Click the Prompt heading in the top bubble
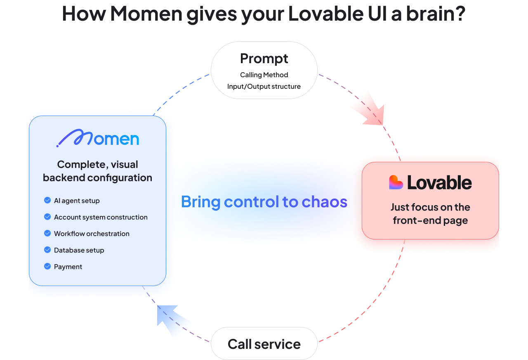pos(264,59)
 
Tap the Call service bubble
pos(264,344)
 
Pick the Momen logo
pos(98,138)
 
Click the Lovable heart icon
pos(396,182)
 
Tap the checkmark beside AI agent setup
pos(47,201)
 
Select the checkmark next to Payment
pos(47,267)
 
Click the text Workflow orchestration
pos(92,234)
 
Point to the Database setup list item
pos(79,250)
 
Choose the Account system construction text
pos(101,217)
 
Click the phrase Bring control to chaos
pos(264,202)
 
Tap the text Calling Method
pos(264,75)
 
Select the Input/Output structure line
pos(264,87)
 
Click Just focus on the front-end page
pos(430,213)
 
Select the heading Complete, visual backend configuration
pos(98,171)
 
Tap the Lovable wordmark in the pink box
pos(439,182)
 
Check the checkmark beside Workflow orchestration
pos(47,234)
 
